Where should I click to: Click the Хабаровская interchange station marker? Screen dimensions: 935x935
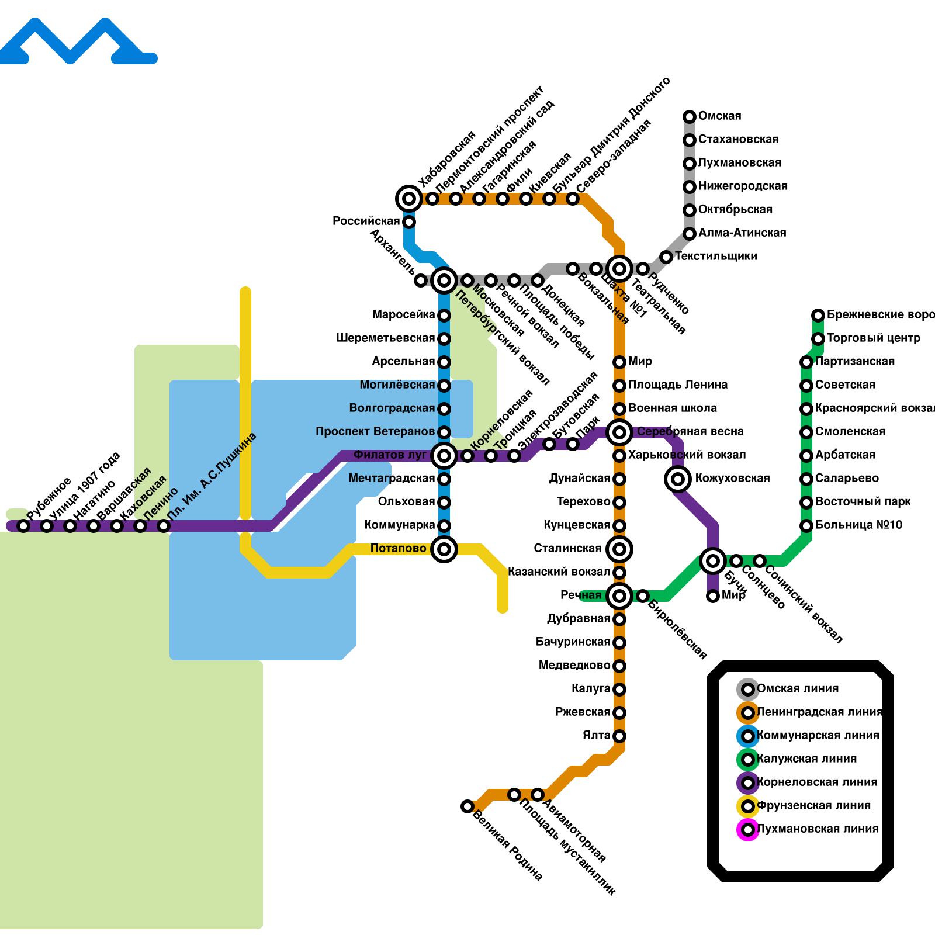point(409,199)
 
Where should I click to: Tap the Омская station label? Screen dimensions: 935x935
point(719,116)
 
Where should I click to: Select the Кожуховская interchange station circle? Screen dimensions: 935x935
point(678,479)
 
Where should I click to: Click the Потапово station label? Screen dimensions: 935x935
point(398,549)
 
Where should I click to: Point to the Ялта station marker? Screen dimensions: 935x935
point(619,736)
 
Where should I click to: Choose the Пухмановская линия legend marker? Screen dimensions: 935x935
point(748,830)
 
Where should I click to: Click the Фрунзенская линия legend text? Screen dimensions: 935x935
point(813,806)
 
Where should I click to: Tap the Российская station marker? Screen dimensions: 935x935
point(409,222)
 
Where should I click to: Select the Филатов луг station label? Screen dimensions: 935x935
point(390,455)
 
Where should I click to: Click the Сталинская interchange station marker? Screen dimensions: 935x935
point(619,549)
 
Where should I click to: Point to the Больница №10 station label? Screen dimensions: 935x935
point(858,525)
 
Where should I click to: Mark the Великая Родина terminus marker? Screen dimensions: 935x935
point(467,806)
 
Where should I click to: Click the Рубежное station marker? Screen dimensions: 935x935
point(23,526)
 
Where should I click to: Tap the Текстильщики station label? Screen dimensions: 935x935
point(716,257)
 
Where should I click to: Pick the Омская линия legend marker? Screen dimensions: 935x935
point(748,690)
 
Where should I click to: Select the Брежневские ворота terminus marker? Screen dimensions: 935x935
point(818,316)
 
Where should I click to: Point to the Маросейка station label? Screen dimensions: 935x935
point(403,315)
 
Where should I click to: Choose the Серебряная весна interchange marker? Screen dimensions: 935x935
point(619,432)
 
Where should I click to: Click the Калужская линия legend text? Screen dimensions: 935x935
point(806,759)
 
